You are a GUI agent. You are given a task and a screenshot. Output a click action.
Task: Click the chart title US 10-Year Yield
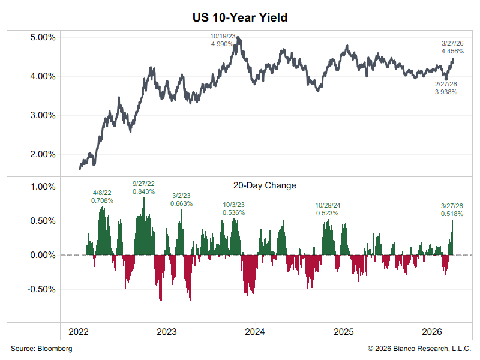click(x=240, y=17)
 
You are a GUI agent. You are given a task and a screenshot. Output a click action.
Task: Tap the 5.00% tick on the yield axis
click(x=43, y=37)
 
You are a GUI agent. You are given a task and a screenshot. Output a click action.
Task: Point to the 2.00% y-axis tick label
click(x=43, y=154)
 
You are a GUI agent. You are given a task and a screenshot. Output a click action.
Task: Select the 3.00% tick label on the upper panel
click(x=43, y=115)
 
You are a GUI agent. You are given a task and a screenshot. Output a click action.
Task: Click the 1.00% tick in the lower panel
click(x=43, y=186)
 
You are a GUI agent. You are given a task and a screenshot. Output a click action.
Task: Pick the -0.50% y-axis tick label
click(x=41, y=289)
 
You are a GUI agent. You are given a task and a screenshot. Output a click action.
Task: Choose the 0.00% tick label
click(x=43, y=255)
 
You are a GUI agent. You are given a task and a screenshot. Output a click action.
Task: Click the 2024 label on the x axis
click(x=255, y=332)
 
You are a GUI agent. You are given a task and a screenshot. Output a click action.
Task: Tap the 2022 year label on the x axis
click(x=79, y=332)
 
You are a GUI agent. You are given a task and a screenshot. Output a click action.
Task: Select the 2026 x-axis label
click(x=432, y=332)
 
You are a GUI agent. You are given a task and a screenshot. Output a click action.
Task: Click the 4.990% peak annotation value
click(x=222, y=44)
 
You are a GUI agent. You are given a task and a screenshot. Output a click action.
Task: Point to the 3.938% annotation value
click(x=446, y=92)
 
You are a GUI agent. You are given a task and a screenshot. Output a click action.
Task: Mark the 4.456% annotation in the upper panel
click(x=452, y=52)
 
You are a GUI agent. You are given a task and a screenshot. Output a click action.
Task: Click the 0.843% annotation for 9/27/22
click(x=143, y=191)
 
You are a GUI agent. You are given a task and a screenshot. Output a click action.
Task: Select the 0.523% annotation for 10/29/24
click(x=328, y=212)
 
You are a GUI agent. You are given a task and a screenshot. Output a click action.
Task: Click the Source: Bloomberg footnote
click(x=41, y=349)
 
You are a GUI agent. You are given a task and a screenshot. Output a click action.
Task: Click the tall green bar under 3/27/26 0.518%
click(x=452, y=238)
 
